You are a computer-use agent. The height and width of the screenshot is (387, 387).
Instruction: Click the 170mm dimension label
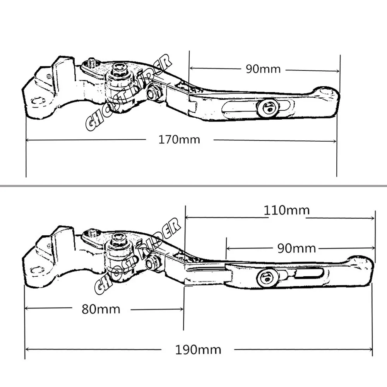[179, 140]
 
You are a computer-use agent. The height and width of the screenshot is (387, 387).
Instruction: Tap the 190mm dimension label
[198, 350]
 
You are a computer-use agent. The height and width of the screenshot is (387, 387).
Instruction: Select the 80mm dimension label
[101, 309]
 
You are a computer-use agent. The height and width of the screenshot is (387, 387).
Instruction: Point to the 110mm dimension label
[287, 210]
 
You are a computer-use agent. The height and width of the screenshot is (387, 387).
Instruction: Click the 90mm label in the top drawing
[263, 69]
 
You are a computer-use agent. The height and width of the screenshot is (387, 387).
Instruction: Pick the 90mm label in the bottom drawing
[297, 248]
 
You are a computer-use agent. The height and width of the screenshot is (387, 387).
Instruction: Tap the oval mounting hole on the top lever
[38, 101]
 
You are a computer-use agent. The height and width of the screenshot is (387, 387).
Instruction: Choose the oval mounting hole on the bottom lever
[38, 270]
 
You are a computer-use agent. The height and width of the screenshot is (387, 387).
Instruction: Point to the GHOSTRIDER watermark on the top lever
[128, 92]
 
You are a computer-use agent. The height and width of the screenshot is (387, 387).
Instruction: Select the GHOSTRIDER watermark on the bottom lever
[137, 256]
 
